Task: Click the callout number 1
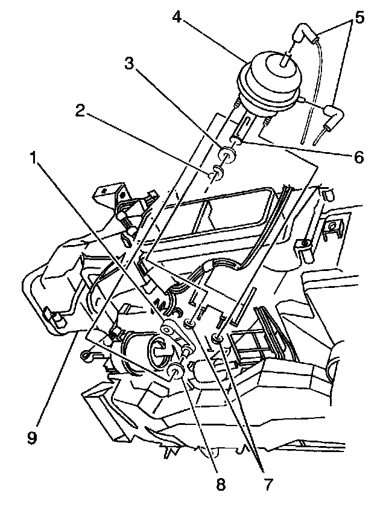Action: click(38, 159)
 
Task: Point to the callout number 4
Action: click(177, 16)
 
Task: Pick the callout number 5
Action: click(359, 18)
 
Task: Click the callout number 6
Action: click(358, 158)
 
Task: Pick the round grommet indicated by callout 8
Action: click(176, 372)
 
